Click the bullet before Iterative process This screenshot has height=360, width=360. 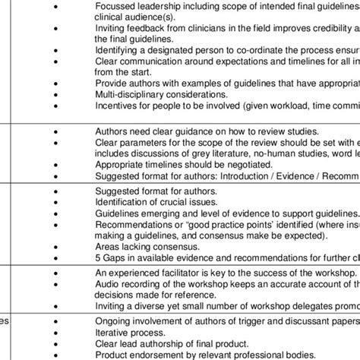click(55, 332)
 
